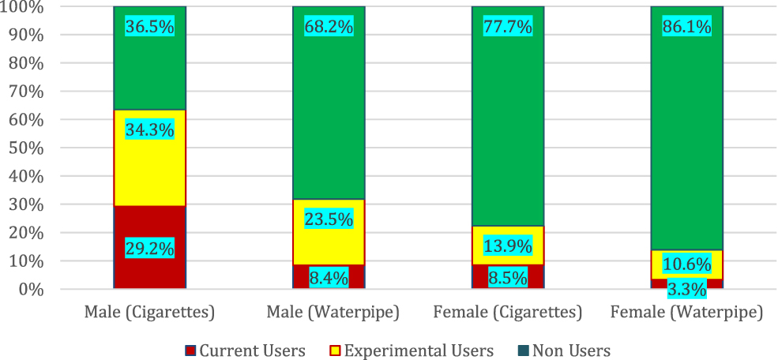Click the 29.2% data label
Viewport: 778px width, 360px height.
pos(150,248)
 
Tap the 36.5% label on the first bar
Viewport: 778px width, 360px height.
pos(150,27)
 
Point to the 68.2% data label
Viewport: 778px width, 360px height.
pos(329,27)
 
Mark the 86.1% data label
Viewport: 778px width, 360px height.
pos(686,27)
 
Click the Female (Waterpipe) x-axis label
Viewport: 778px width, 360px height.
pos(686,313)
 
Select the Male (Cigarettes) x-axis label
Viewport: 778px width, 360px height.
pos(150,313)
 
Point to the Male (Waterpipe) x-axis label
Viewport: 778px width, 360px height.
pos(329,313)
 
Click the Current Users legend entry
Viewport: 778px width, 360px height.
pos(245,350)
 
